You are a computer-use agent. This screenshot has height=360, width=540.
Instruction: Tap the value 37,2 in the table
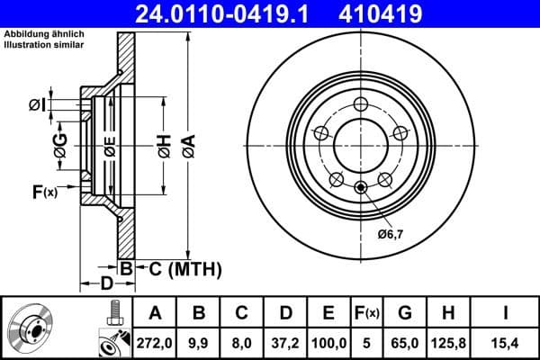(x=284, y=342)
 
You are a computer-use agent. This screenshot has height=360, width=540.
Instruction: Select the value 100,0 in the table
(x=328, y=342)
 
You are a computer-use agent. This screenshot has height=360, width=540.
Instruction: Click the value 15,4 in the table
(x=506, y=342)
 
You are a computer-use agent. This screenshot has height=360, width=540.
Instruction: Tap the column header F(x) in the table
(x=369, y=313)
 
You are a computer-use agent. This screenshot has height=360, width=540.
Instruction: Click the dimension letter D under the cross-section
(x=106, y=284)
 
